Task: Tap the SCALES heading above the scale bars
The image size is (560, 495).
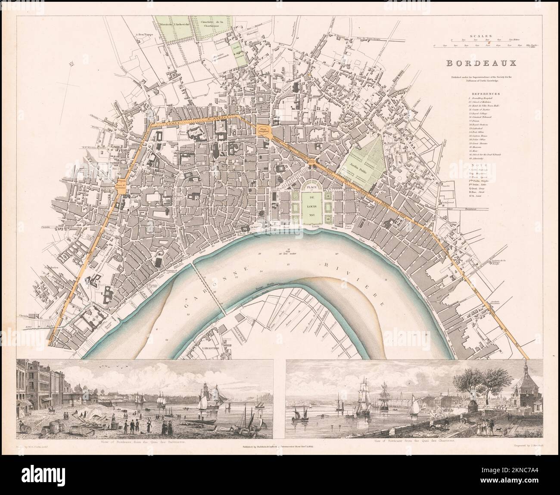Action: [x=482, y=37]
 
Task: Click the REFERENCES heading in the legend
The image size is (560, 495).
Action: [x=485, y=93]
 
